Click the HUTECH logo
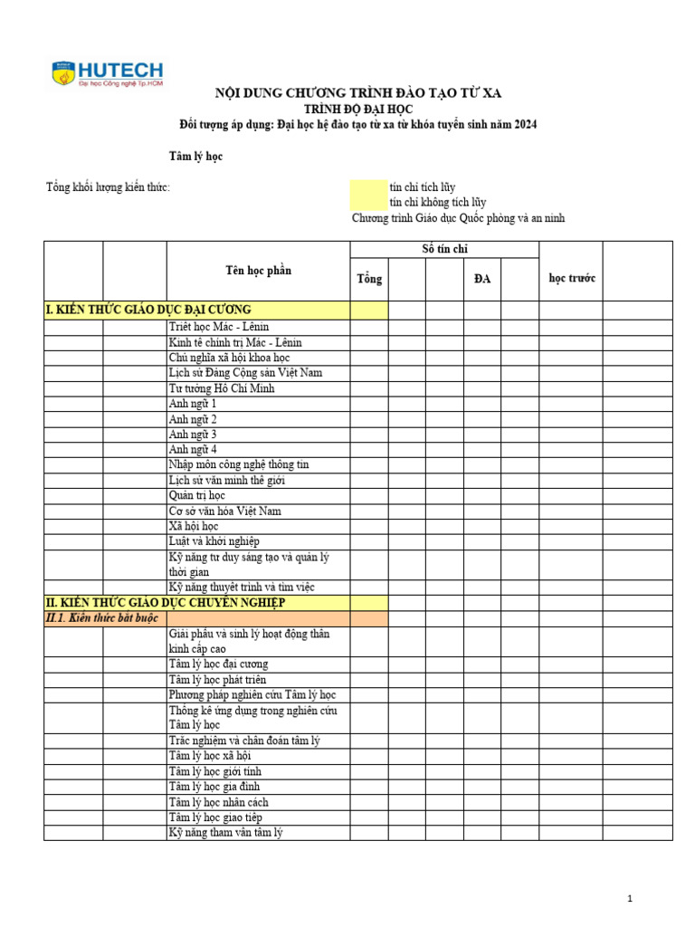pyautogui.click(x=108, y=72)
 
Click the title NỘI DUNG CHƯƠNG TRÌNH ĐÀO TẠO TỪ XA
pyautogui.click(x=357, y=92)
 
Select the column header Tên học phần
pyautogui.click(x=258, y=271)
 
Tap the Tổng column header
pyautogui.click(x=369, y=279)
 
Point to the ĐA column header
pyautogui.click(x=482, y=279)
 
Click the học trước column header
pyautogui.click(x=572, y=279)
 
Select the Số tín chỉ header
pyautogui.click(x=444, y=249)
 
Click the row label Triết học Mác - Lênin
pyautogui.click(x=219, y=327)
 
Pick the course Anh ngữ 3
pyautogui.click(x=193, y=435)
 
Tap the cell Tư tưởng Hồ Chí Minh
pyautogui.click(x=222, y=388)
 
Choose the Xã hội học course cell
pyautogui.click(x=194, y=526)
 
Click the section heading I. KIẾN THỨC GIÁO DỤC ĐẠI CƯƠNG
pyautogui.click(x=148, y=311)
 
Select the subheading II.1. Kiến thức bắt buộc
pyautogui.click(x=101, y=618)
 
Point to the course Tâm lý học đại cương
pyautogui.click(x=218, y=664)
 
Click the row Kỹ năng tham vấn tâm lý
pyautogui.click(x=226, y=833)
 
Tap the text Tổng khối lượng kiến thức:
pyautogui.click(x=108, y=187)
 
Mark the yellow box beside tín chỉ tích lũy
pyautogui.click(x=368, y=187)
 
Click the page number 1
pyautogui.click(x=630, y=898)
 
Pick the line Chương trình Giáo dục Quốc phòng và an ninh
pyautogui.click(x=458, y=218)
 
